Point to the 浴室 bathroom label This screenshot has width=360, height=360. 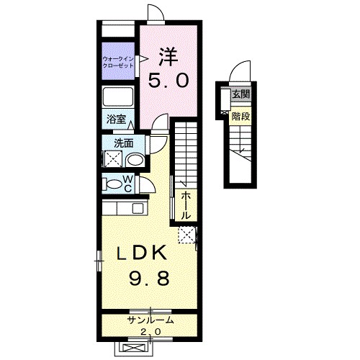[x=117, y=121]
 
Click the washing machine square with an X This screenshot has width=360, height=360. [x=112, y=160]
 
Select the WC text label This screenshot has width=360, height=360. [x=127, y=183]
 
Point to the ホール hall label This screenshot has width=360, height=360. [x=185, y=204]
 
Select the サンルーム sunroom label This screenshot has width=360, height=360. [x=148, y=320]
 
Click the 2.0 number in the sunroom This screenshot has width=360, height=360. [x=148, y=331]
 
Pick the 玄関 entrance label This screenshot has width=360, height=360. [x=240, y=95]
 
